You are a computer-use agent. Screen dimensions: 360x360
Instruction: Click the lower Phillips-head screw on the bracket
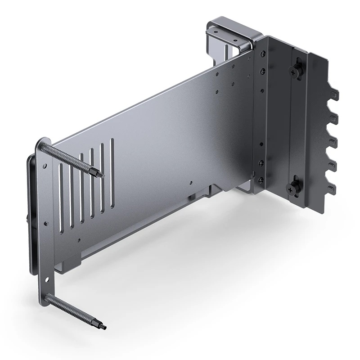pos(294,187)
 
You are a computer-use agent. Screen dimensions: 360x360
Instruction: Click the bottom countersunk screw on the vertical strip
pos(261,180)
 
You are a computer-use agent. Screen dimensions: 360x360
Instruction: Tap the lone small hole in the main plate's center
pos(191,184)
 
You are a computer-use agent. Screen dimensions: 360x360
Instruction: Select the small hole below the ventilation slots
pos(80,240)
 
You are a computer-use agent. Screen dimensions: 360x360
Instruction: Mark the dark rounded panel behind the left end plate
pos(31,211)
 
